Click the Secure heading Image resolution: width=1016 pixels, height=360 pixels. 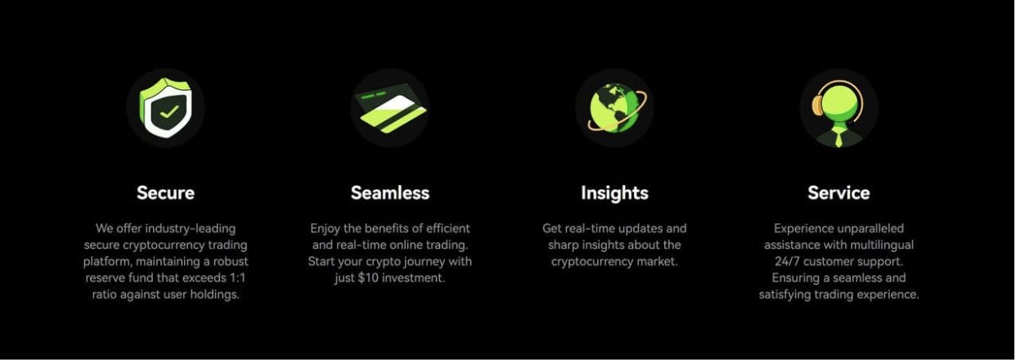pos(165,193)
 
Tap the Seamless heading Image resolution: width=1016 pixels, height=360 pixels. pos(390,193)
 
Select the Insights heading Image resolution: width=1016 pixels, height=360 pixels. pos(614,193)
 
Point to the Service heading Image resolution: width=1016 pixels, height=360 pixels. pos(838,193)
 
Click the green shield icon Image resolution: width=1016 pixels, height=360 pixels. pos(165,108)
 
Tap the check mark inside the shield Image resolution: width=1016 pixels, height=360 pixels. pos(169,111)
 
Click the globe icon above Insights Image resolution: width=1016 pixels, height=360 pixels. pos(617,108)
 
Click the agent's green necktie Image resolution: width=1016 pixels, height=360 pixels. pos(838,137)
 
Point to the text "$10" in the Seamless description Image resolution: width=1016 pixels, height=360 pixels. pos(368,278)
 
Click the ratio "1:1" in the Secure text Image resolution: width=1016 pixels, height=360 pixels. pos(236,278)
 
